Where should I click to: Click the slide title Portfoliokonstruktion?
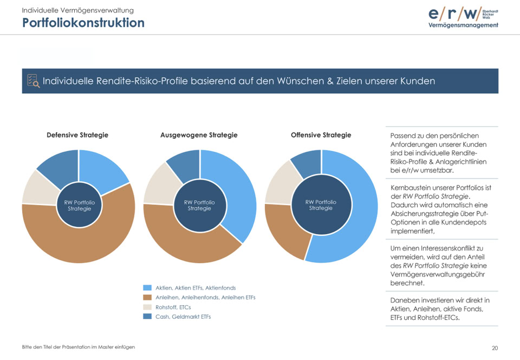83,23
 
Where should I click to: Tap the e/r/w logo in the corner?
463,17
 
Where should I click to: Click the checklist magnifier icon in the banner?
33,81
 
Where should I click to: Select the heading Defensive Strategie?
77,135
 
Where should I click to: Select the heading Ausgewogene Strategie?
199,135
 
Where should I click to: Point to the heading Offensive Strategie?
321,135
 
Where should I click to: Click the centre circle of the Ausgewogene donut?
199,205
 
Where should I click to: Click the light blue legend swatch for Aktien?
147,288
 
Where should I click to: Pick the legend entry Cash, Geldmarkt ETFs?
183,317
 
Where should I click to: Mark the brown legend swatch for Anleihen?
147,298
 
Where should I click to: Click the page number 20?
495,348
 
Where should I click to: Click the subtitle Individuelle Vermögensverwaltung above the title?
77,10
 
